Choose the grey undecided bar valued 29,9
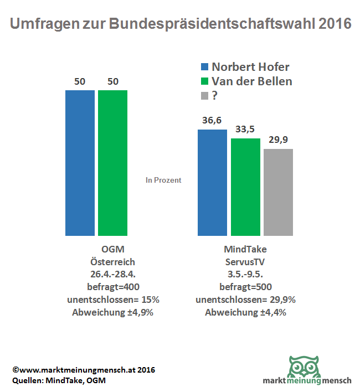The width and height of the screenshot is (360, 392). coord(278,192)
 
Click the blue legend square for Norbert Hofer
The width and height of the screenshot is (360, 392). coord(204,67)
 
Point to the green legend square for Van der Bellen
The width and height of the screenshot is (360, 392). coord(204,81)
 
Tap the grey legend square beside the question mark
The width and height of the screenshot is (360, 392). coord(204,96)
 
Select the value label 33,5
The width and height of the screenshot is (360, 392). coord(245,130)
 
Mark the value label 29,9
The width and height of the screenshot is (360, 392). coord(279,140)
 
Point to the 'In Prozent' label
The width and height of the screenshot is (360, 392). coord(163,180)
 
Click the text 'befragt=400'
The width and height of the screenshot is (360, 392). coord(112,286)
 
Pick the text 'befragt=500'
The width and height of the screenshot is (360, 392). coord(245,286)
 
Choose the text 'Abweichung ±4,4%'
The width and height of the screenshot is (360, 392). coord(245,312)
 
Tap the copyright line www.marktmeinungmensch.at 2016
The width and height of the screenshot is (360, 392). coord(83,369)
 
